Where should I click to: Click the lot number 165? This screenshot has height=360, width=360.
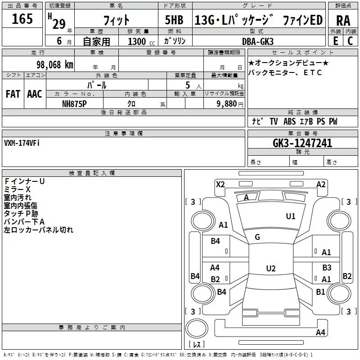22,19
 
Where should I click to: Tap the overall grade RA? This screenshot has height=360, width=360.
343,21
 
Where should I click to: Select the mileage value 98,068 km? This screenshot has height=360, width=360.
55,65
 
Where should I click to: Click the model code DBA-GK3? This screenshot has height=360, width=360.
258,41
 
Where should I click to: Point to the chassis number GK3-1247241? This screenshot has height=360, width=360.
302,143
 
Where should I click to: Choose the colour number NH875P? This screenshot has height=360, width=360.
74,104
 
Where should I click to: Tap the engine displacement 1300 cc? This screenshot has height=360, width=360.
141,41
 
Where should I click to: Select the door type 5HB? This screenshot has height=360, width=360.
174,20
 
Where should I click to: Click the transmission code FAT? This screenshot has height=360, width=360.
13,94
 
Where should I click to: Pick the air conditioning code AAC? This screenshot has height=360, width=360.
35,94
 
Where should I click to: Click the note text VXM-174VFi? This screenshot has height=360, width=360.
22,143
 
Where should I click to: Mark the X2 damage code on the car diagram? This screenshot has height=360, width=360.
220,184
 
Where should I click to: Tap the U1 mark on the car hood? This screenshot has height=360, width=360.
290,216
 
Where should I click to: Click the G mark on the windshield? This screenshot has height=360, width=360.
257,237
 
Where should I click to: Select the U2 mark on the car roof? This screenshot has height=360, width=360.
271,268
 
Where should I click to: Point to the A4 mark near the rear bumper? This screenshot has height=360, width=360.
320,332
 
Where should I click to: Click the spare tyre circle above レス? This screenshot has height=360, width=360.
197,328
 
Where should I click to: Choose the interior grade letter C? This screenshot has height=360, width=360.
350,41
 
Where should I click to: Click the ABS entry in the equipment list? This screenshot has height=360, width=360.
289,121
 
